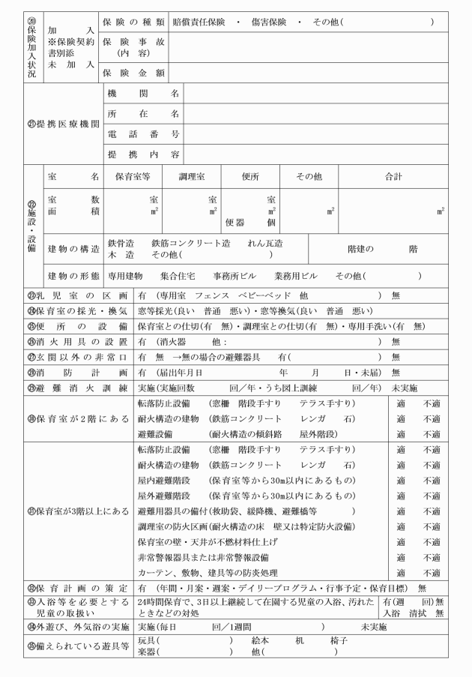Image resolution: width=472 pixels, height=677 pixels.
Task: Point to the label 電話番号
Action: point(143,134)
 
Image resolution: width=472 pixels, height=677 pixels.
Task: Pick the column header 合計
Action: point(393,176)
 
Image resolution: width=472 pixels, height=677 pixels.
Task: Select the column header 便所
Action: point(250,176)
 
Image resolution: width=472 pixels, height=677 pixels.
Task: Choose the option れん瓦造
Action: point(266,244)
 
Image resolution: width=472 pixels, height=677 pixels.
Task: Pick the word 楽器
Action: point(147,652)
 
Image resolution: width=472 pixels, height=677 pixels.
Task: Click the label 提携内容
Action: point(143,154)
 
